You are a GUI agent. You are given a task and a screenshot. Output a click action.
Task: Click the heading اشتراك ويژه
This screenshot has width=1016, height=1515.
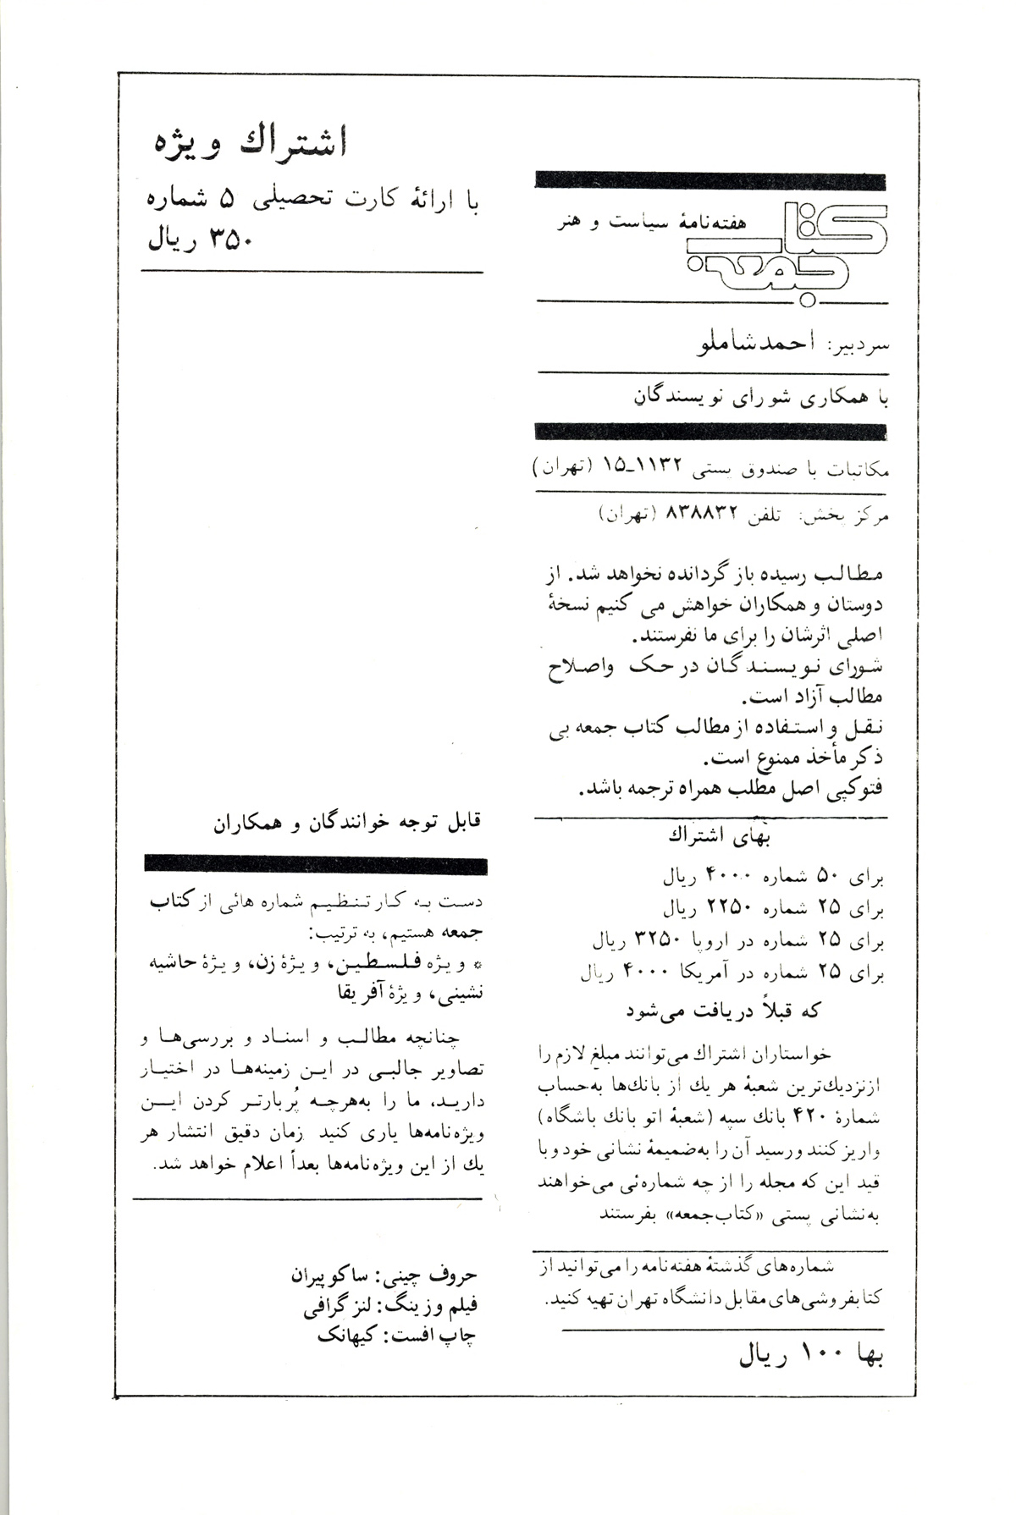(249, 144)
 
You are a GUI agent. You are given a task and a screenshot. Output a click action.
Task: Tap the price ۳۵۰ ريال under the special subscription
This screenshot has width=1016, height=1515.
(202, 241)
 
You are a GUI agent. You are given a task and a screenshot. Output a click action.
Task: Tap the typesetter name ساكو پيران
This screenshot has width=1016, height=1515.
(327, 1275)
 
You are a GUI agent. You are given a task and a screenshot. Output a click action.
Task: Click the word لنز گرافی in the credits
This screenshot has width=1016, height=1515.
(339, 1307)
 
